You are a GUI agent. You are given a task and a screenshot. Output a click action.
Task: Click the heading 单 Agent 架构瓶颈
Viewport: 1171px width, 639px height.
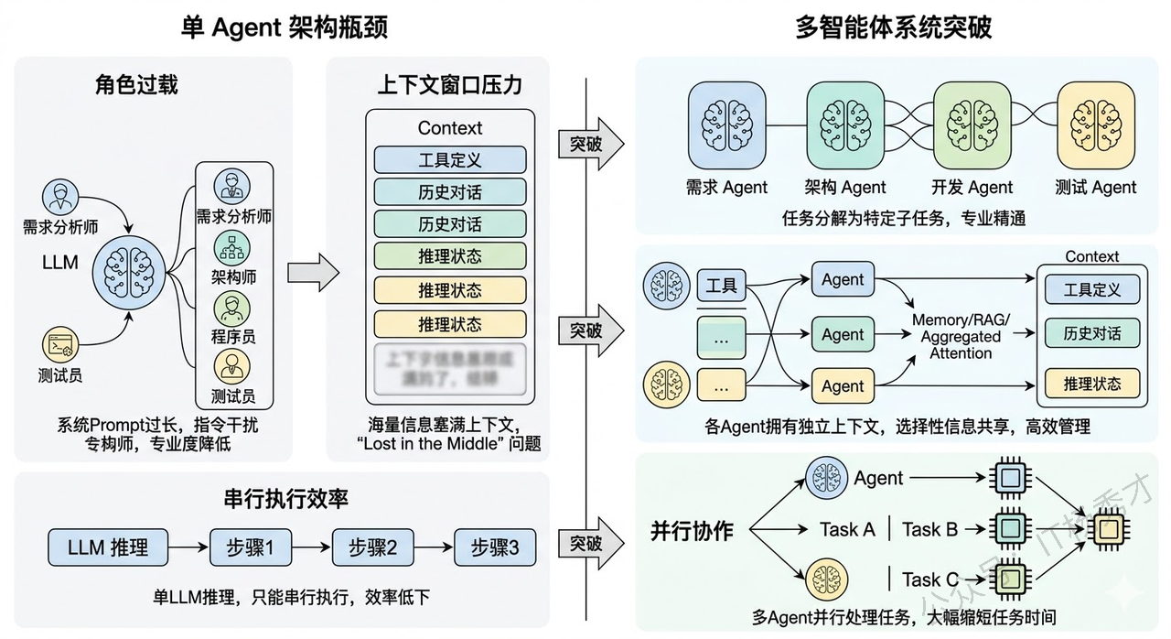point(285,27)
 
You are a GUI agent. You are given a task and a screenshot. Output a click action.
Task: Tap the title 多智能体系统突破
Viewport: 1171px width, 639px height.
point(893,27)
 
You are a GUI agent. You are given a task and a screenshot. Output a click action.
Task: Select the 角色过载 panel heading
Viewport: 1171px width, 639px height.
point(136,85)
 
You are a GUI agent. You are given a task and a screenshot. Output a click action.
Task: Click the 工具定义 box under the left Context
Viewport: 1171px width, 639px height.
point(449,159)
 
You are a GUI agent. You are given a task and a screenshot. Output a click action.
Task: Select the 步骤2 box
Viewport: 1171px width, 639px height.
point(372,548)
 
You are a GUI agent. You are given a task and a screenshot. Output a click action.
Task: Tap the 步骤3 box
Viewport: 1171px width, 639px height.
point(494,548)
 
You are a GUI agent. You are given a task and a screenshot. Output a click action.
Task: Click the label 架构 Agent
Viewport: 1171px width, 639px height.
point(845,188)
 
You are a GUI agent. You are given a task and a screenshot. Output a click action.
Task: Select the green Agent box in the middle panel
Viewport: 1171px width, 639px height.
point(843,334)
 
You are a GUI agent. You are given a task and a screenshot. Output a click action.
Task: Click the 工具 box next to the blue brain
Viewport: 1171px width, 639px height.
point(721,286)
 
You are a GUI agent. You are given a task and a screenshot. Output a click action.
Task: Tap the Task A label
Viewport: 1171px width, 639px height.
point(847,529)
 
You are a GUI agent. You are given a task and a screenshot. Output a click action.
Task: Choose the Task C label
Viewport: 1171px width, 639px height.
point(930,579)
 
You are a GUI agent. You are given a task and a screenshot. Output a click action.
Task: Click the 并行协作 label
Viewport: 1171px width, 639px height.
point(692,530)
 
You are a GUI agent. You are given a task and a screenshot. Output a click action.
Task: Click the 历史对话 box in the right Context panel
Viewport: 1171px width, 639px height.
point(1091,333)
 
